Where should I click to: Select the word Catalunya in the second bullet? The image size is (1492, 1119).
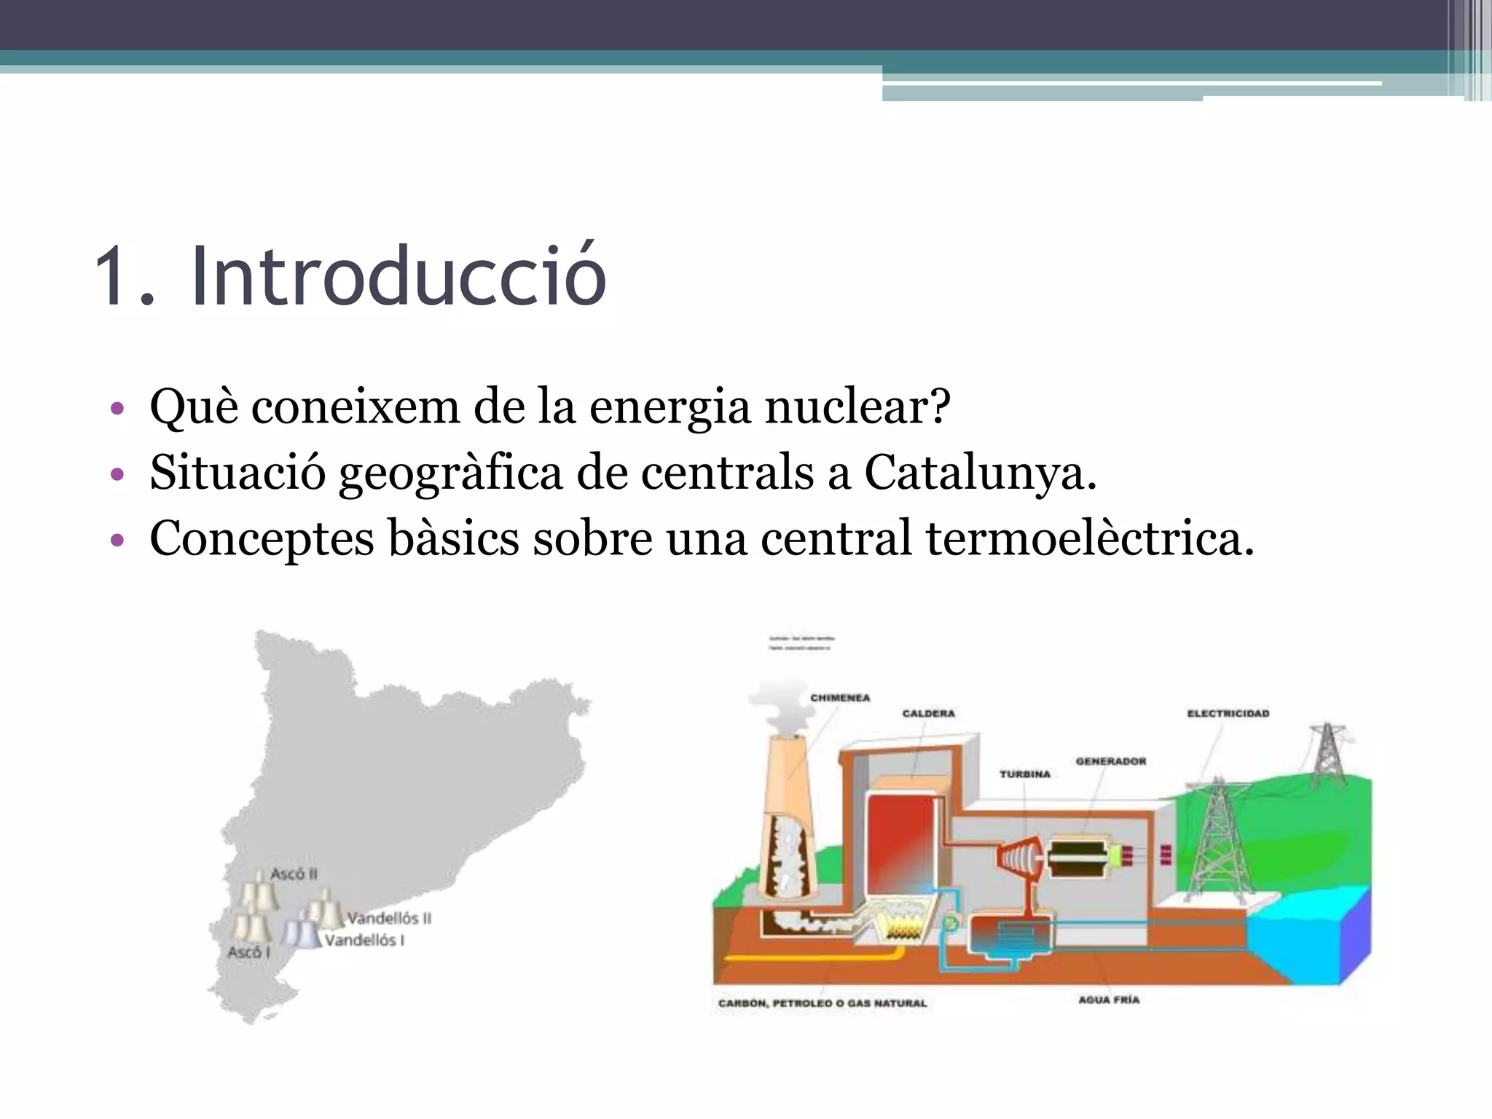tap(980, 473)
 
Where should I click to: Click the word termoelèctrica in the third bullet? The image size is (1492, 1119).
tap(1090, 539)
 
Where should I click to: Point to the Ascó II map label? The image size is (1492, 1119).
tap(294, 873)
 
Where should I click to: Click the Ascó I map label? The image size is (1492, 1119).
tap(248, 952)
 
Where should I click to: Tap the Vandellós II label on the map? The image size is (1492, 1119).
tap(388, 918)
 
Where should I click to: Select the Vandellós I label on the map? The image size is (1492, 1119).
tap(364, 941)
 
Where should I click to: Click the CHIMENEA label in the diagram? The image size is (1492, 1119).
tap(840, 698)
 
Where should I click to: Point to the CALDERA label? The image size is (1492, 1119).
tap(928, 713)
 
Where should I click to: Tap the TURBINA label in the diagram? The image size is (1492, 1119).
tap(1025, 774)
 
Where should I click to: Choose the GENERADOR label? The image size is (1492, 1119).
tap(1110, 761)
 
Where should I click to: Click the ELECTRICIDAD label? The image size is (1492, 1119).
tap(1228, 713)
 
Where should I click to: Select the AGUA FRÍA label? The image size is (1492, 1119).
tap(1109, 1000)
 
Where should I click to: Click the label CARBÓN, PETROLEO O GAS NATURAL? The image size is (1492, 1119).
tap(822, 1003)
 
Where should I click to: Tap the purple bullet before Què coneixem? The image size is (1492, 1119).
tap(117, 409)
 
